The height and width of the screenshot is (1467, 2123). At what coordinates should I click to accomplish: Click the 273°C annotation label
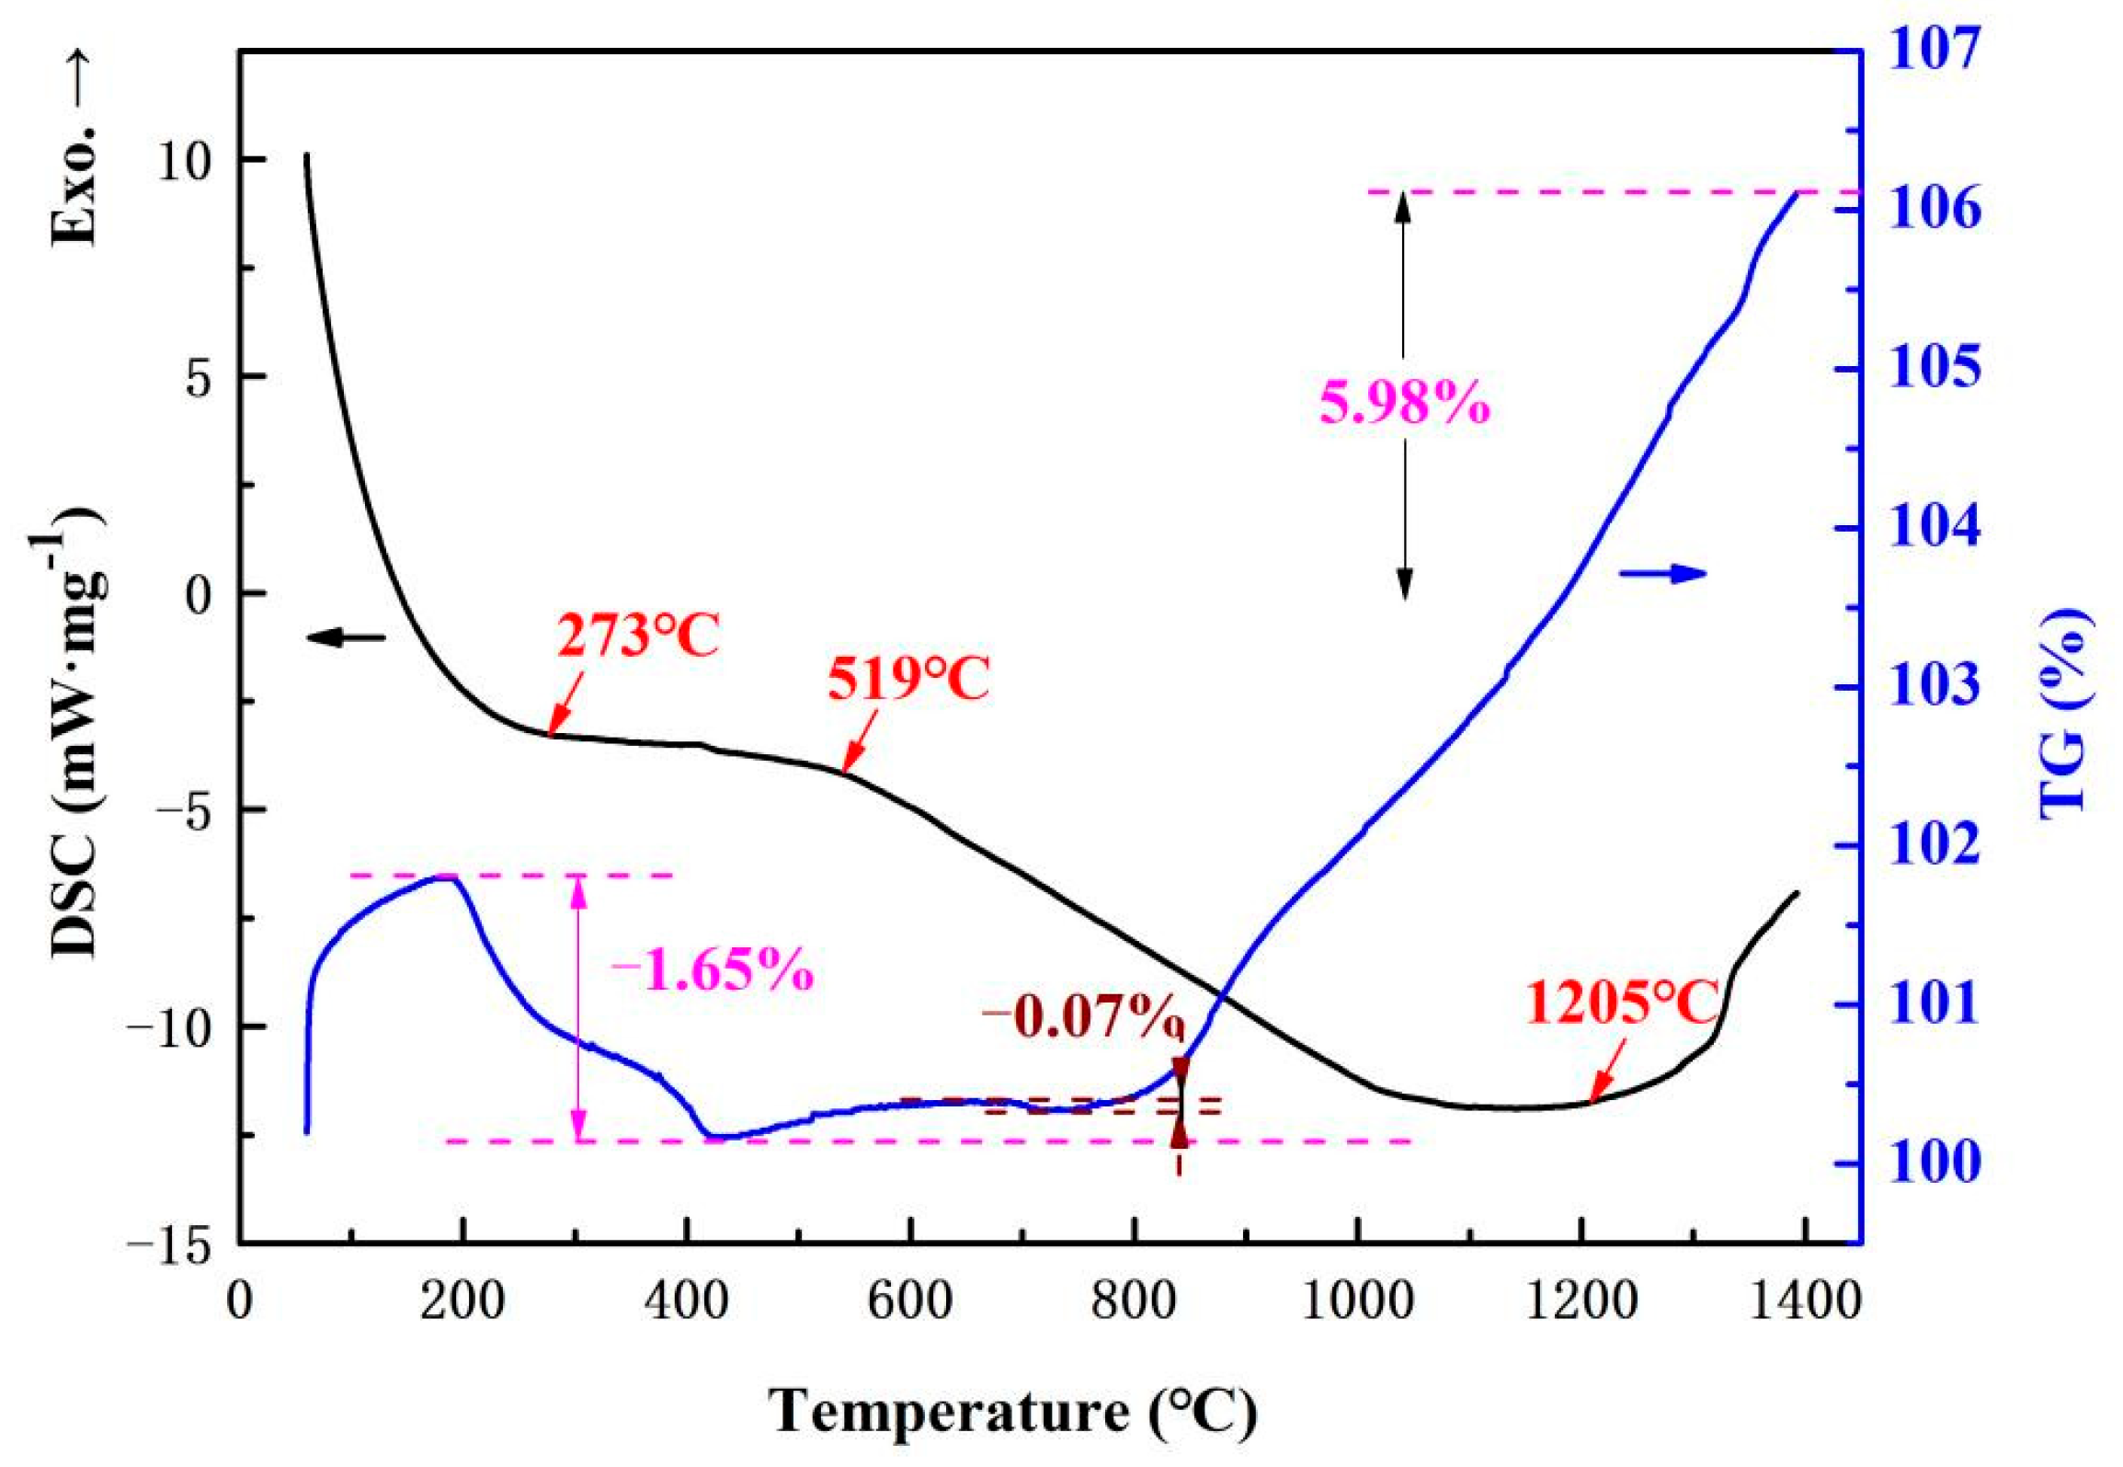(x=637, y=636)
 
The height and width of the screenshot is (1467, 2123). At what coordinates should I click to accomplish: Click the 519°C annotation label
(x=907, y=682)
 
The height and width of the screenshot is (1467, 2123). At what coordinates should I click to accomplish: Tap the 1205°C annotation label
(x=1622, y=1003)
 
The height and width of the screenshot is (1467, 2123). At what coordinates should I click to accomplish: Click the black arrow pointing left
(x=346, y=636)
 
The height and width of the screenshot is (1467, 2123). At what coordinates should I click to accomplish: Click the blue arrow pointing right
(x=1662, y=574)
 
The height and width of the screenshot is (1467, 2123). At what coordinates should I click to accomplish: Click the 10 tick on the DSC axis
(x=184, y=160)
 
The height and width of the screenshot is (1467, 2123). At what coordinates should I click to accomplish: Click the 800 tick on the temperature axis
(x=1133, y=1303)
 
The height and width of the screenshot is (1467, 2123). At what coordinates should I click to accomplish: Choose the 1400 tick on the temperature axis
(x=1805, y=1303)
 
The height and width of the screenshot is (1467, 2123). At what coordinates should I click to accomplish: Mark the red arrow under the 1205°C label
(x=1606, y=1071)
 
